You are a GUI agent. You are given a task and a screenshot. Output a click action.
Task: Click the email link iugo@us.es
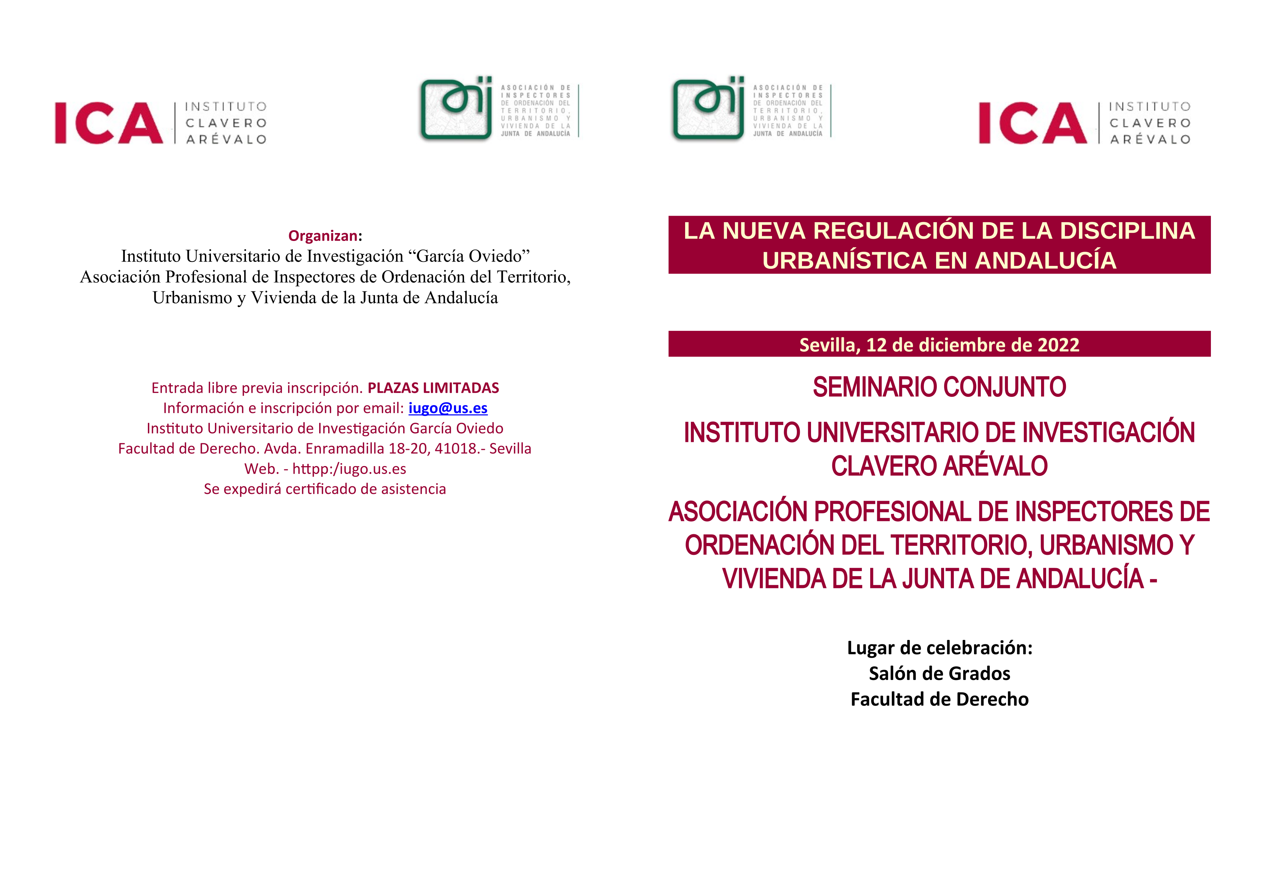point(448,408)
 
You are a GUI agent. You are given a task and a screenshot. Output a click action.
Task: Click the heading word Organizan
point(323,236)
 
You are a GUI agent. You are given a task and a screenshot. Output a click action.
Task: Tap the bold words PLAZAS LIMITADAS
point(433,388)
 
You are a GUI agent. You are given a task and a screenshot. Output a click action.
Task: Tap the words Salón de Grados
point(939,674)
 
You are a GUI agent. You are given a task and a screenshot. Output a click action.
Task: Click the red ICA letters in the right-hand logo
point(1032,123)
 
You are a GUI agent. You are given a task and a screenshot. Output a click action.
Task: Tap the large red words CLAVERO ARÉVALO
point(939,466)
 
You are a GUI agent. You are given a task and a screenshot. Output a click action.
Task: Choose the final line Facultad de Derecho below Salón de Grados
point(939,699)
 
